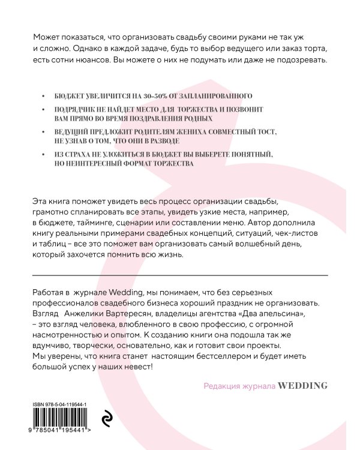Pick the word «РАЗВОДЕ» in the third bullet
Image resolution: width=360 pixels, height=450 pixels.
(x=161, y=140)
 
